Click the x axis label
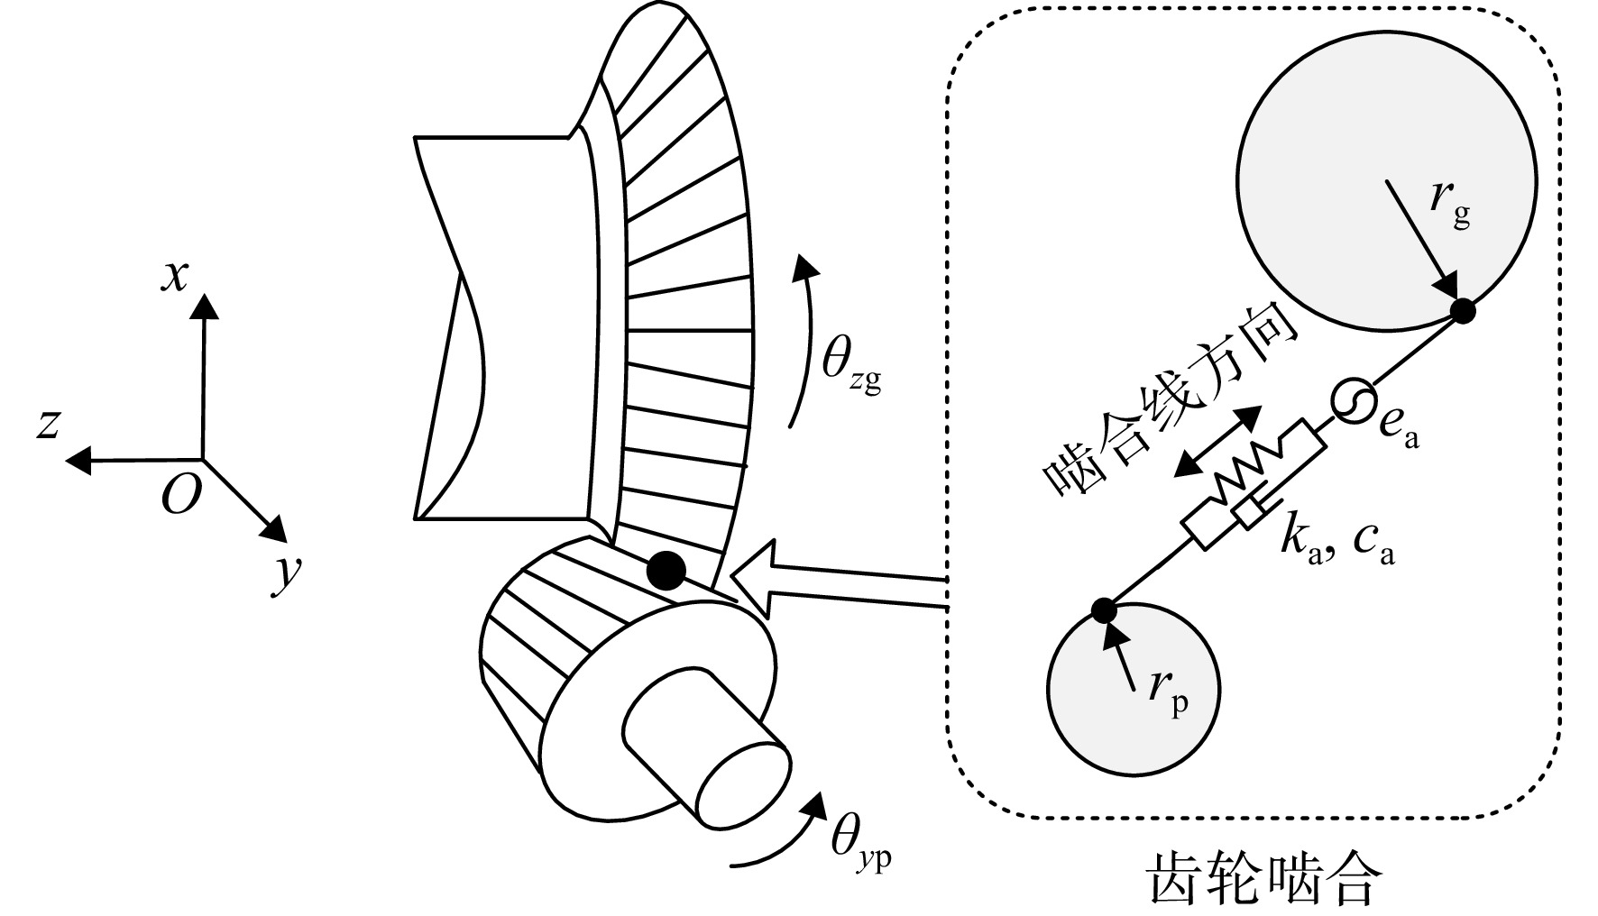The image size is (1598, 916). pyautogui.click(x=175, y=276)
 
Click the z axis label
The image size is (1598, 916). pyautogui.click(x=48, y=423)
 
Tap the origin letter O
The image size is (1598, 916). pyautogui.click(x=179, y=494)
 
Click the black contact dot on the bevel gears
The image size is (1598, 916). pyautogui.click(x=667, y=570)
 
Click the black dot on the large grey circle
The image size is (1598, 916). pyautogui.click(x=1463, y=311)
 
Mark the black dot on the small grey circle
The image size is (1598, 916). pyautogui.click(x=1104, y=610)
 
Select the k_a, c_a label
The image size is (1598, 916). pyautogui.click(x=1336, y=542)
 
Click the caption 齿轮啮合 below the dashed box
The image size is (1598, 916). pyautogui.click(x=1263, y=877)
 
